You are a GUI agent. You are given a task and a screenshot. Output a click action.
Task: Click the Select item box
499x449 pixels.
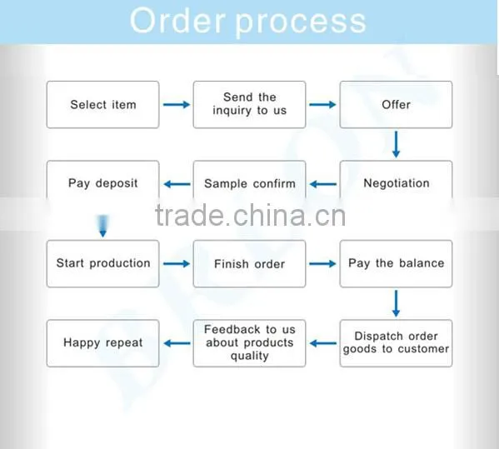(x=102, y=105)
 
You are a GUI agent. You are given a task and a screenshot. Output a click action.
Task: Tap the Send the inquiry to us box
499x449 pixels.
(x=250, y=105)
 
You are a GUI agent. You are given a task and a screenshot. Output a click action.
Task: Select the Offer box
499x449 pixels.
(x=396, y=105)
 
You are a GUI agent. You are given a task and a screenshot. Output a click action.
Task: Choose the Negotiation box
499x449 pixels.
(x=396, y=180)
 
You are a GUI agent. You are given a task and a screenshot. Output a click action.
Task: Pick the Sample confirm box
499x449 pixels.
(x=250, y=180)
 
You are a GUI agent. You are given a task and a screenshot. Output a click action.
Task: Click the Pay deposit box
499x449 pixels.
(x=102, y=180)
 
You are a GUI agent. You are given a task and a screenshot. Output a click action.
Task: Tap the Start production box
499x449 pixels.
(x=102, y=264)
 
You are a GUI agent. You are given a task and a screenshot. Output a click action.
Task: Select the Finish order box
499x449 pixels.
(x=250, y=264)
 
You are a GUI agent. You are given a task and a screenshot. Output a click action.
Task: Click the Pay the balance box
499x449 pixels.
(x=396, y=264)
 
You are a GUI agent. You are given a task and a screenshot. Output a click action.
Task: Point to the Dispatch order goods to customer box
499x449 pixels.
(x=396, y=343)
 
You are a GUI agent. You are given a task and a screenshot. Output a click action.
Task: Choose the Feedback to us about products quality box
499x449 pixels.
(x=250, y=343)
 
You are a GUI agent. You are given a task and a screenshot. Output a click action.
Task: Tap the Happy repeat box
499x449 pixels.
(x=102, y=343)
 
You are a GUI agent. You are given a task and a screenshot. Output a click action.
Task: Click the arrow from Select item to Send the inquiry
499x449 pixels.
(x=177, y=104)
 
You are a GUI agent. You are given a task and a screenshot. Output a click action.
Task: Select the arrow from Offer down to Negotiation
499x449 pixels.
(x=396, y=144)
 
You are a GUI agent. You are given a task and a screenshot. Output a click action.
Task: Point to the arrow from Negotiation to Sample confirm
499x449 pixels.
(x=323, y=184)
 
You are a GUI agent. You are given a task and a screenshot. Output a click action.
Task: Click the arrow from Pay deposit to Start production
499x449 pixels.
(x=102, y=226)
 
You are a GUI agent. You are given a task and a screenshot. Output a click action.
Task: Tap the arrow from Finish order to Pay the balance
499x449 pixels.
(x=322, y=263)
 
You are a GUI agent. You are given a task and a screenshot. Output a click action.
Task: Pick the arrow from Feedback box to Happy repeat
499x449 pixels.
(x=177, y=343)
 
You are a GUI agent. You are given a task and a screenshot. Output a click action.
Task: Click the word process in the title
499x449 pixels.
(x=301, y=22)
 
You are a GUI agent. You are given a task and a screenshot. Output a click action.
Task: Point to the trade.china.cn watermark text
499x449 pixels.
(x=250, y=216)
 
